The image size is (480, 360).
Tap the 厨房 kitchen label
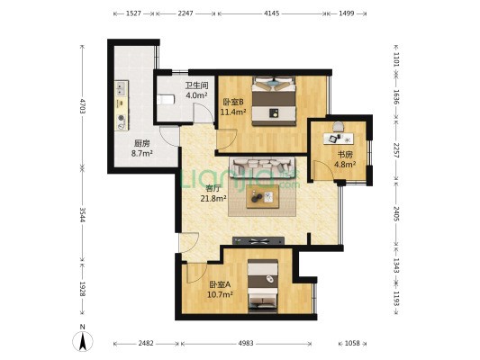tap(141, 143)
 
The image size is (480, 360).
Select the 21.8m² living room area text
tap(213, 199)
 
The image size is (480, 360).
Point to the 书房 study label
tap(345, 155)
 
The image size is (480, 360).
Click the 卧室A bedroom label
tap(220, 284)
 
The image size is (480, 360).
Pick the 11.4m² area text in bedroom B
tap(233, 112)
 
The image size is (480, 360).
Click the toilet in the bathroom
tap(166, 99)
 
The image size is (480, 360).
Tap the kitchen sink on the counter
tap(122, 88)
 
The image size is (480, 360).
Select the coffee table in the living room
tap(263, 196)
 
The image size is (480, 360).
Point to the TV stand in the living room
tap(258, 241)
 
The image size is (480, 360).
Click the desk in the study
tap(339, 139)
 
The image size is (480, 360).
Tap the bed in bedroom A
tap(263, 286)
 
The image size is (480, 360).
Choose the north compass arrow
tap(82, 341)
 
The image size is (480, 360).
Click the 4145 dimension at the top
tap(272, 13)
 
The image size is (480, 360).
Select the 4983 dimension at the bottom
tap(246, 343)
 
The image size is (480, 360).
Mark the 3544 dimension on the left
tap(82, 215)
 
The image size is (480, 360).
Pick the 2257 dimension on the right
tap(396, 150)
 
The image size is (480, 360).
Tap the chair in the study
tap(339, 127)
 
